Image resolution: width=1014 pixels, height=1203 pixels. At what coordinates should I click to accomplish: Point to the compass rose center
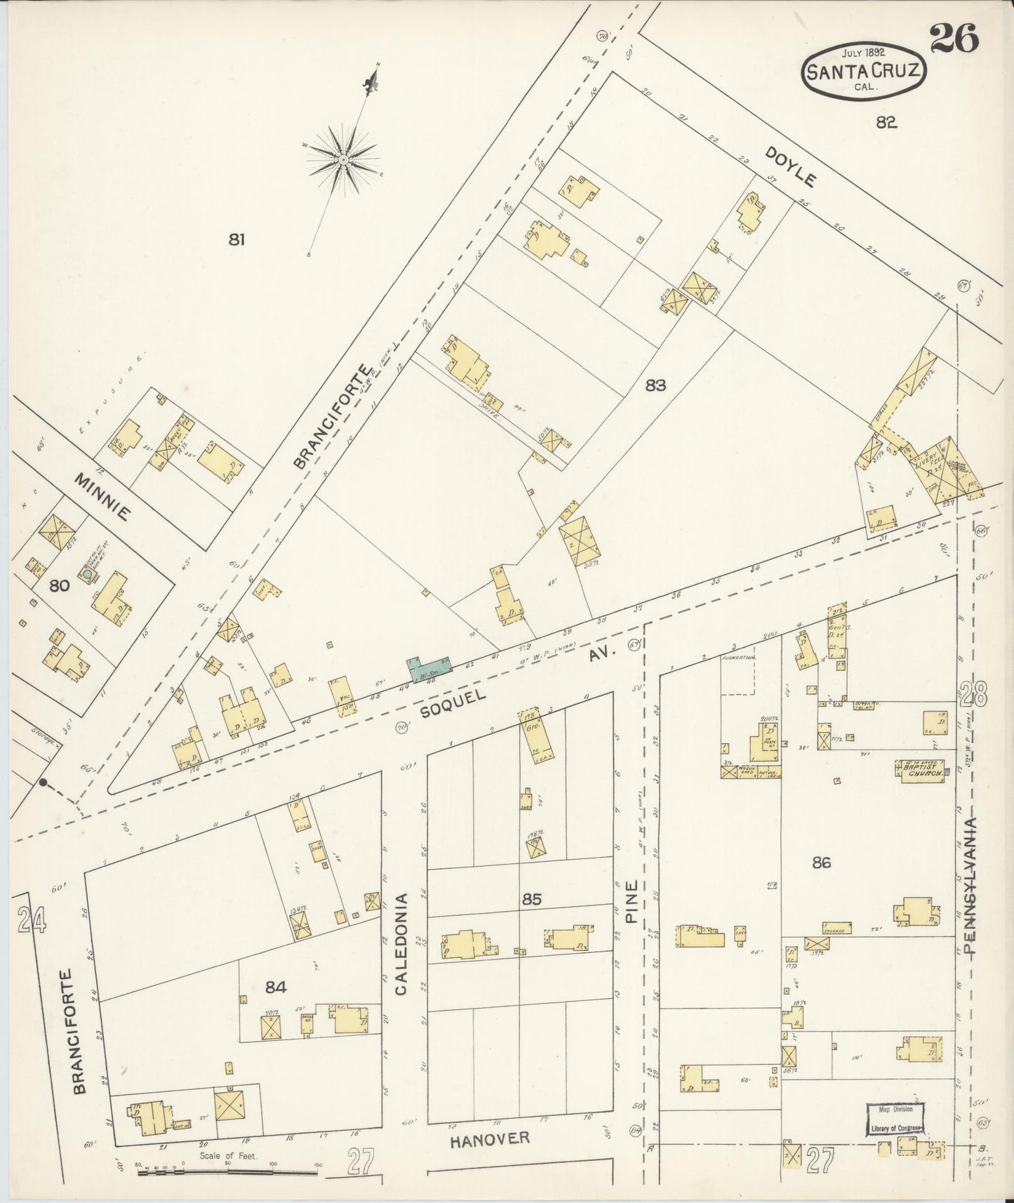point(343,161)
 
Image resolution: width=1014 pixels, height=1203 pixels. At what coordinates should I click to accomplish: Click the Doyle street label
point(790,166)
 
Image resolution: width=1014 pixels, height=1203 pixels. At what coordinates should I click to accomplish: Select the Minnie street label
point(102,496)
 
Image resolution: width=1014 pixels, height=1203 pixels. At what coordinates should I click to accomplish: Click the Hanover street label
point(489,1138)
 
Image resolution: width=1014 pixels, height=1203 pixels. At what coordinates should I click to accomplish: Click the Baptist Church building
point(920,770)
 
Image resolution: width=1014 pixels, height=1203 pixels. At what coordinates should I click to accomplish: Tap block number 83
point(655,385)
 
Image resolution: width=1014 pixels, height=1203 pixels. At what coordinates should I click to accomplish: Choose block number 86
point(820,863)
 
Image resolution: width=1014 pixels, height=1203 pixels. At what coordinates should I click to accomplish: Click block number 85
point(532,898)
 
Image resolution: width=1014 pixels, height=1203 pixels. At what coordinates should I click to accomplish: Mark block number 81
point(236,240)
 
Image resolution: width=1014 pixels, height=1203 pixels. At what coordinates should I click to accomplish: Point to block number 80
point(60,585)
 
